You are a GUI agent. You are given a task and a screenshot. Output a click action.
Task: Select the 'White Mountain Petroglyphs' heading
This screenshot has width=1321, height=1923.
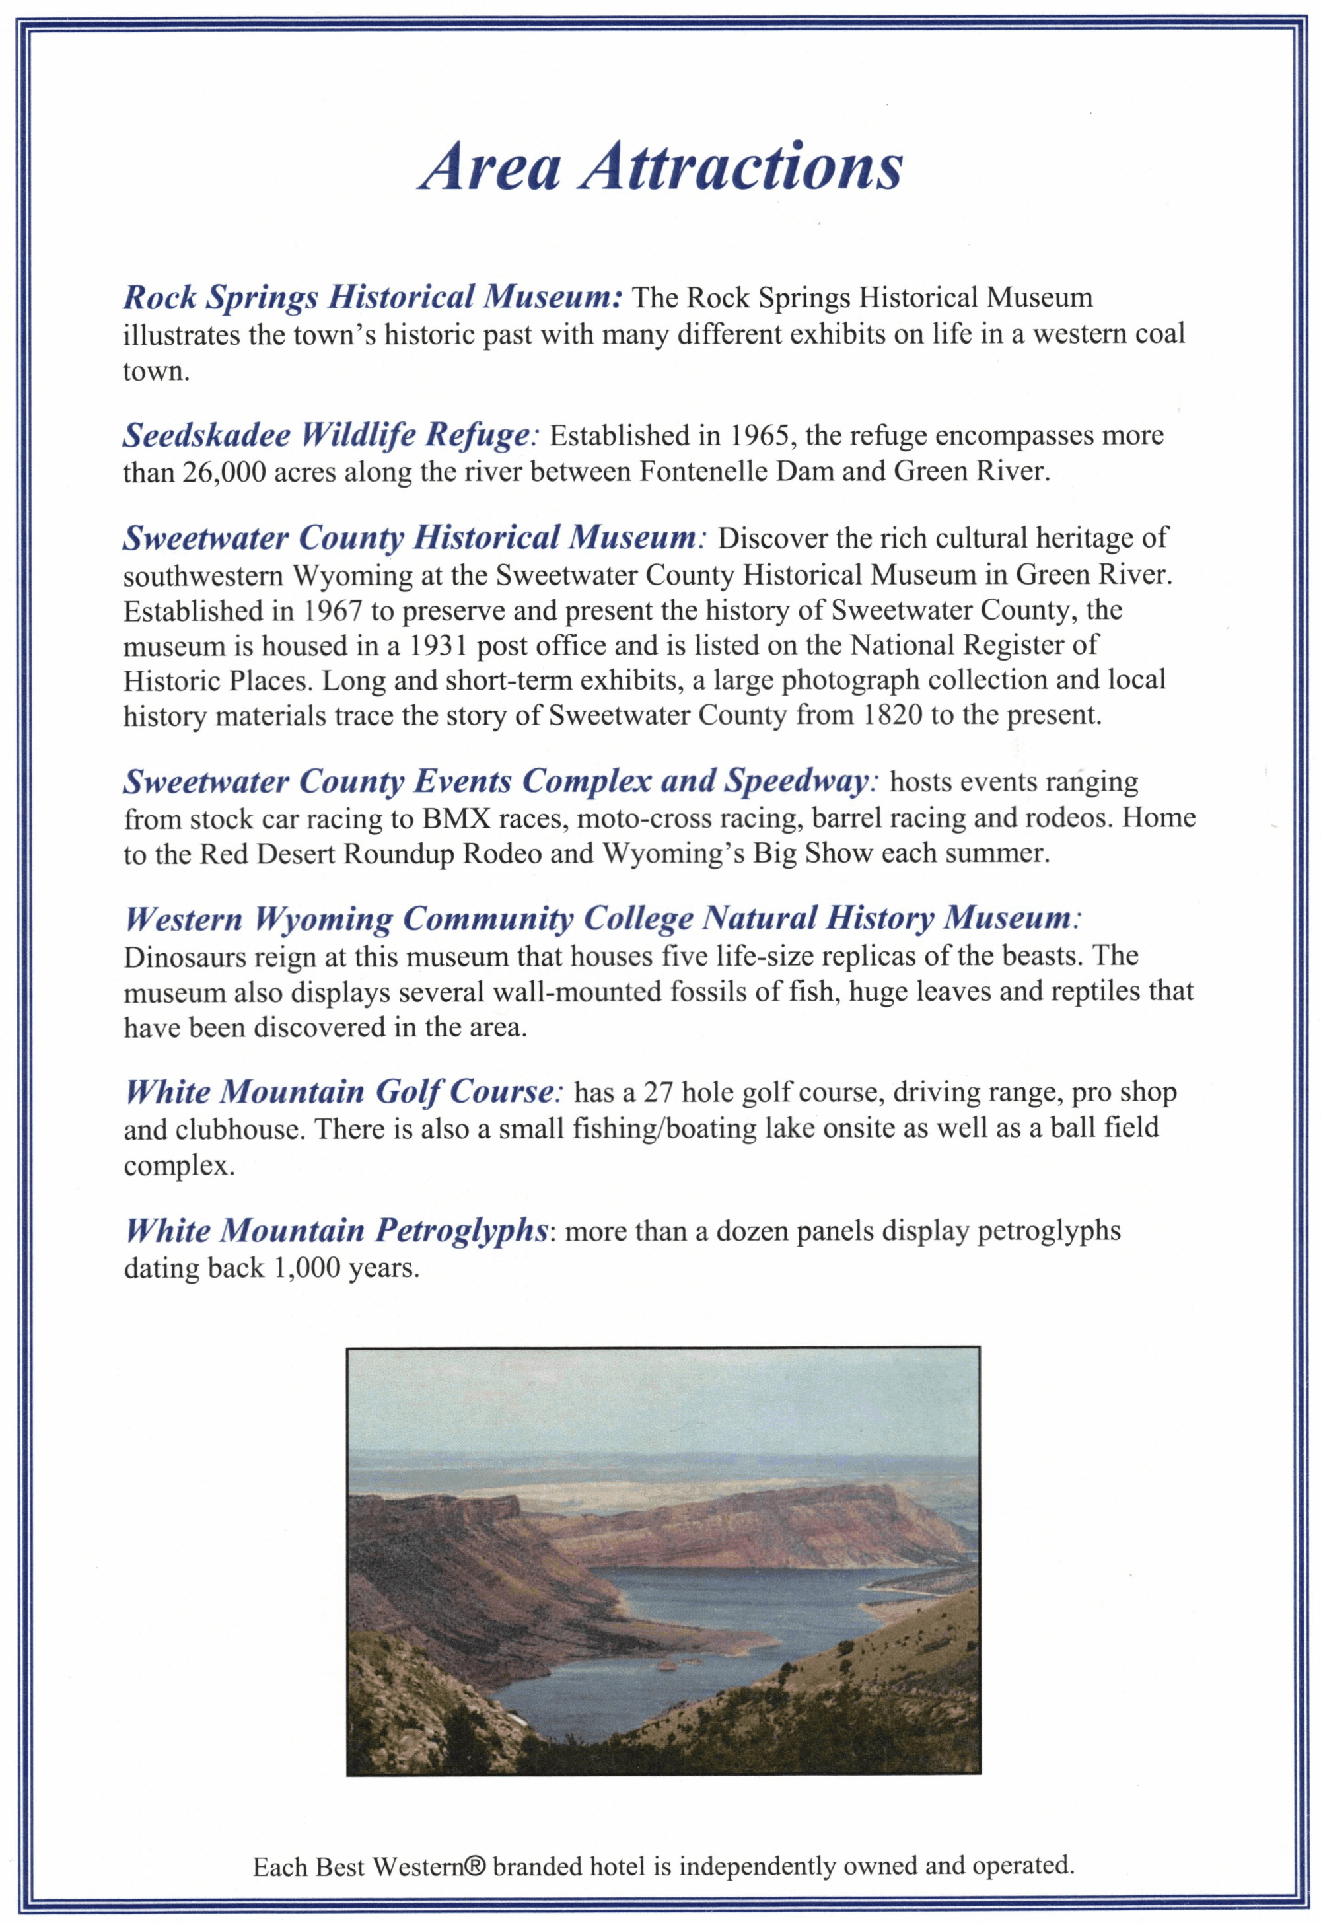tap(338, 1231)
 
